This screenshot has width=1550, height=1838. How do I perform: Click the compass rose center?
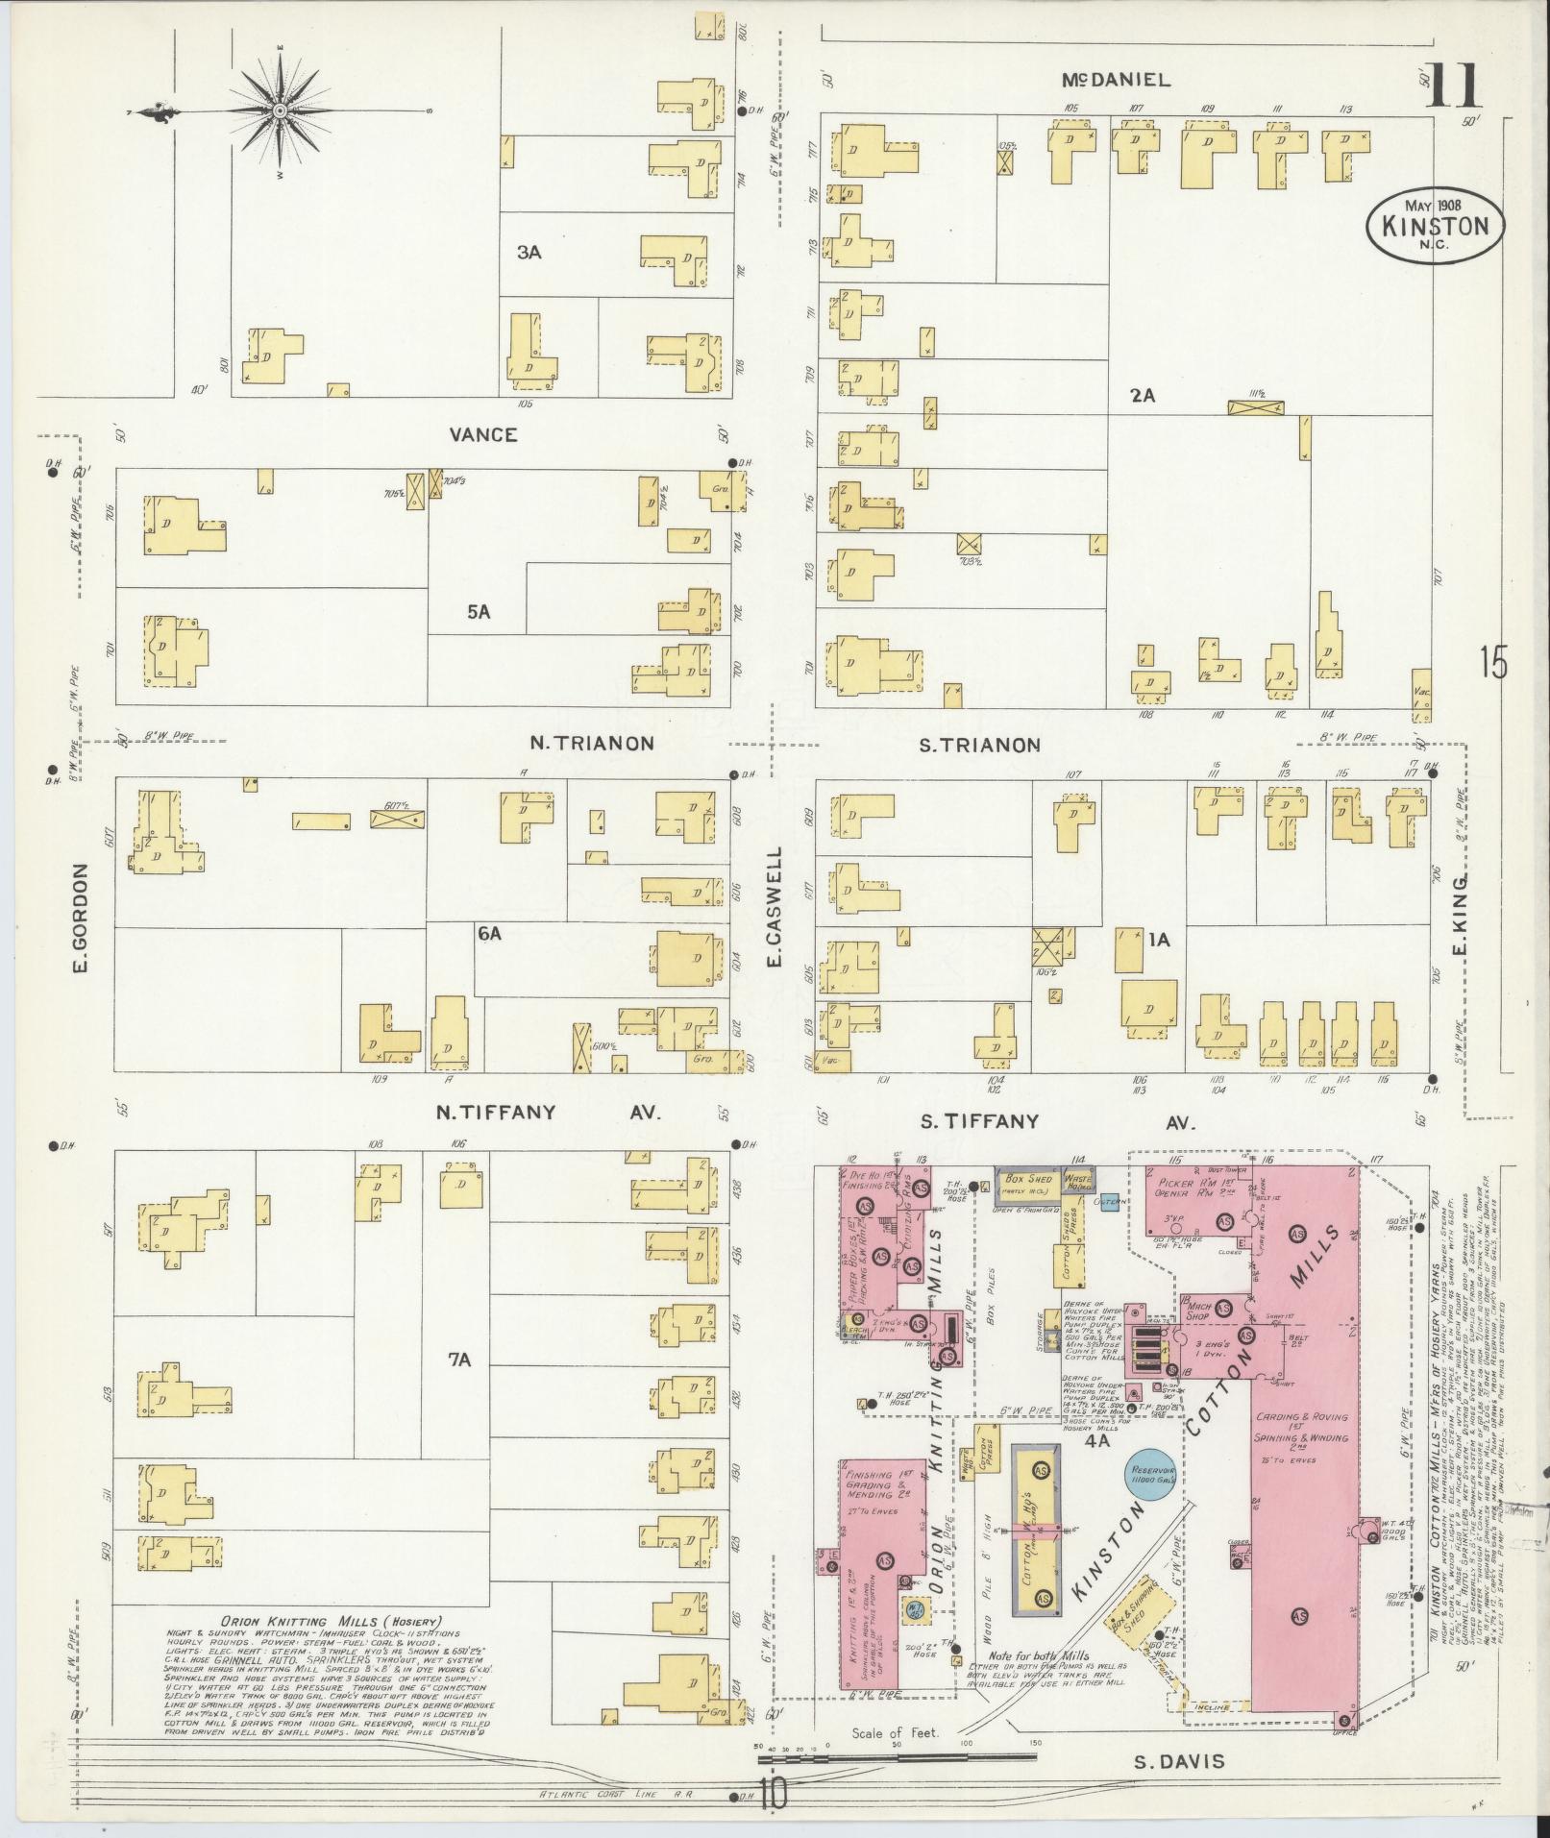point(280,112)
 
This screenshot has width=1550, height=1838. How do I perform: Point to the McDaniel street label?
point(1117,81)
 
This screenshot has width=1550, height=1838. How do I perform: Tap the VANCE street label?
point(482,435)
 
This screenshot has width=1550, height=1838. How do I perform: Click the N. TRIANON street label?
point(592,743)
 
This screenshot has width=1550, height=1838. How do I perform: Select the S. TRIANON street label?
point(980,745)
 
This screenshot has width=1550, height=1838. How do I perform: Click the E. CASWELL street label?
point(775,907)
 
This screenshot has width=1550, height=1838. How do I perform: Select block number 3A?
point(529,252)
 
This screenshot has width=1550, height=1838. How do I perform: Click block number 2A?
point(1142,394)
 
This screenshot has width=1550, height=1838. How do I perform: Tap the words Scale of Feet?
point(894,1734)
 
